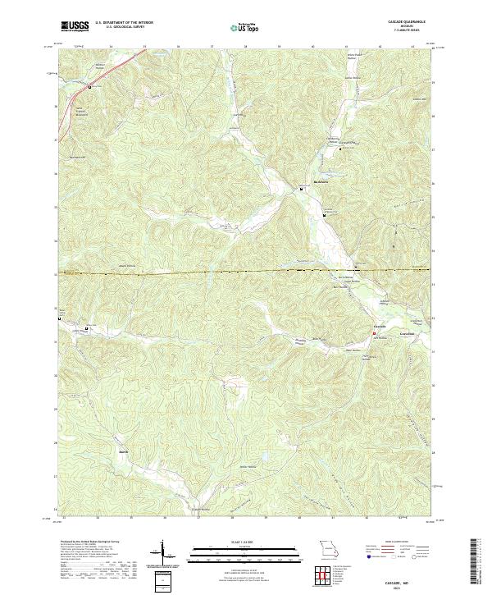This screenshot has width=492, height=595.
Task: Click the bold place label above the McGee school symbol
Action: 302,184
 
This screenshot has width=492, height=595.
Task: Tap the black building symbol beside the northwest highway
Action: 90,85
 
